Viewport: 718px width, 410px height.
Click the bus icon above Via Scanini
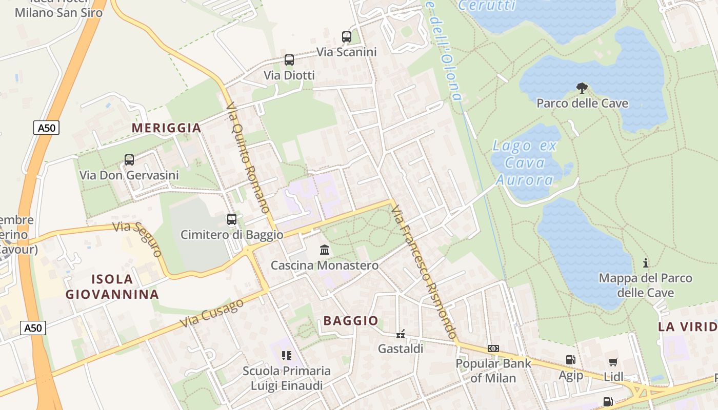tap(347, 37)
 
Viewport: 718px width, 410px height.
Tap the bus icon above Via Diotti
tap(289, 60)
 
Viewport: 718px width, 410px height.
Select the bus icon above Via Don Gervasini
tap(129, 160)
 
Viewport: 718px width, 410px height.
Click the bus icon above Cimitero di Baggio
tap(232, 219)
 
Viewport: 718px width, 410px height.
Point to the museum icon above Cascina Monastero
tap(325, 250)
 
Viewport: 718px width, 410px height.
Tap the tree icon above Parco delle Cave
tap(582, 88)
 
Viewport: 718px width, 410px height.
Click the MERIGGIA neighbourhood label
tap(167, 128)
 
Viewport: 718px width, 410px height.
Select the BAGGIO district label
tap(351, 321)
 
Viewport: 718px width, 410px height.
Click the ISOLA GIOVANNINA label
tap(112, 287)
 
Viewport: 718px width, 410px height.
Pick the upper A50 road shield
tap(47, 128)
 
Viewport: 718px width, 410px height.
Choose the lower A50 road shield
tap(33, 328)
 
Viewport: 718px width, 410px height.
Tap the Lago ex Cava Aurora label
tap(524, 162)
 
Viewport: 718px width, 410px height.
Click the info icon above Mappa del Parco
tap(646, 263)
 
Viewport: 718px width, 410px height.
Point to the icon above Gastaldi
tap(401, 334)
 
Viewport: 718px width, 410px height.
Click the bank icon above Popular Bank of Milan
tap(493, 348)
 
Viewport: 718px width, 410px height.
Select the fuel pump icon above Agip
tap(570, 360)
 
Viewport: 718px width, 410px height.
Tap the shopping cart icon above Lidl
tap(613, 362)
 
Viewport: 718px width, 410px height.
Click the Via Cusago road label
tap(212, 314)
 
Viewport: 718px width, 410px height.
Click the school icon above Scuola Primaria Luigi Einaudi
tap(287, 355)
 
